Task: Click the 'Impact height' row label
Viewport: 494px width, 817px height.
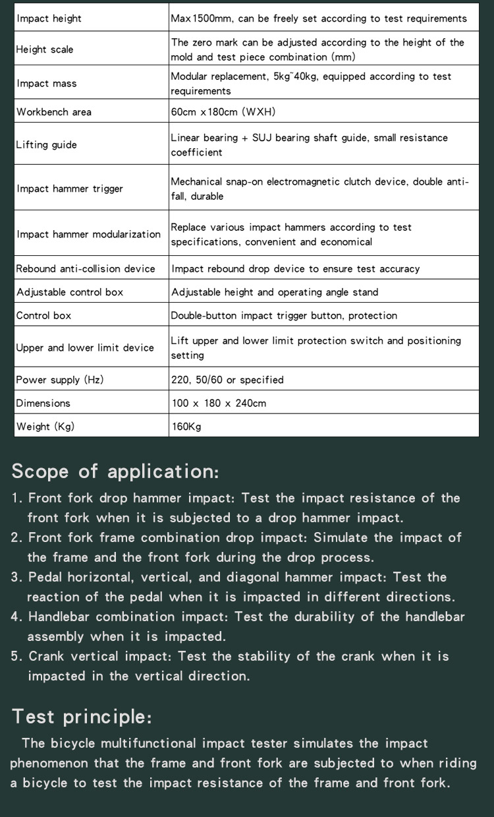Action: tap(49, 18)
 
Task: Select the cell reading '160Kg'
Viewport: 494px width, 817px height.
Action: tap(186, 427)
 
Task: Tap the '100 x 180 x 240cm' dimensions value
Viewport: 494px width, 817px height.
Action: tap(219, 403)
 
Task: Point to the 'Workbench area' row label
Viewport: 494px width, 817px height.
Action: tap(54, 112)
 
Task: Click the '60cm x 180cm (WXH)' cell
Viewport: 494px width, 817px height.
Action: tap(223, 112)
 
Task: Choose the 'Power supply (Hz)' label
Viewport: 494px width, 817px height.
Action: tap(60, 380)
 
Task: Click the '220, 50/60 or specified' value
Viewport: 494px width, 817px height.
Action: tap(227, 380)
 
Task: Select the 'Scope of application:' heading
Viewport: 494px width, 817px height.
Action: tap(115, 471)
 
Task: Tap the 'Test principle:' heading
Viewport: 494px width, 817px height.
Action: tap(82, 716)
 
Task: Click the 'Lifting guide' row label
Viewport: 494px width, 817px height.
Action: tap(46, 145)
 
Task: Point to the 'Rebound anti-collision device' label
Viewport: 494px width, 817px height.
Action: tap(86, 269)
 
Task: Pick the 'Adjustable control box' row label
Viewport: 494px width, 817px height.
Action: tap(70, 292)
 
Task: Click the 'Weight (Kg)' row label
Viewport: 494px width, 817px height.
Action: tap(45, 427)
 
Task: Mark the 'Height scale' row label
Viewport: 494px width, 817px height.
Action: tap(45, 49)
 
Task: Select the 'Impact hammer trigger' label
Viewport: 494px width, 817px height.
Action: tap(70, 189)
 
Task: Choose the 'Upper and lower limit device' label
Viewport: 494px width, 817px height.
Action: tap(85, 348)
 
